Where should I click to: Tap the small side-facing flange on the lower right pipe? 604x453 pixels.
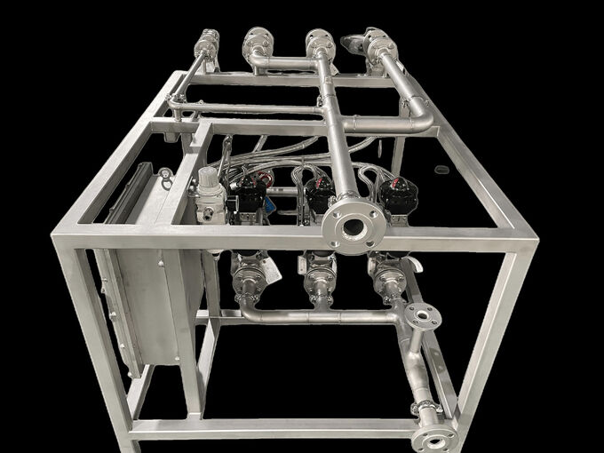[423, 317]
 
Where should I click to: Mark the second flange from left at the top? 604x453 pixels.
[258, 42]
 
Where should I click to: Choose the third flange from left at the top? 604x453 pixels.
[320, 43]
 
